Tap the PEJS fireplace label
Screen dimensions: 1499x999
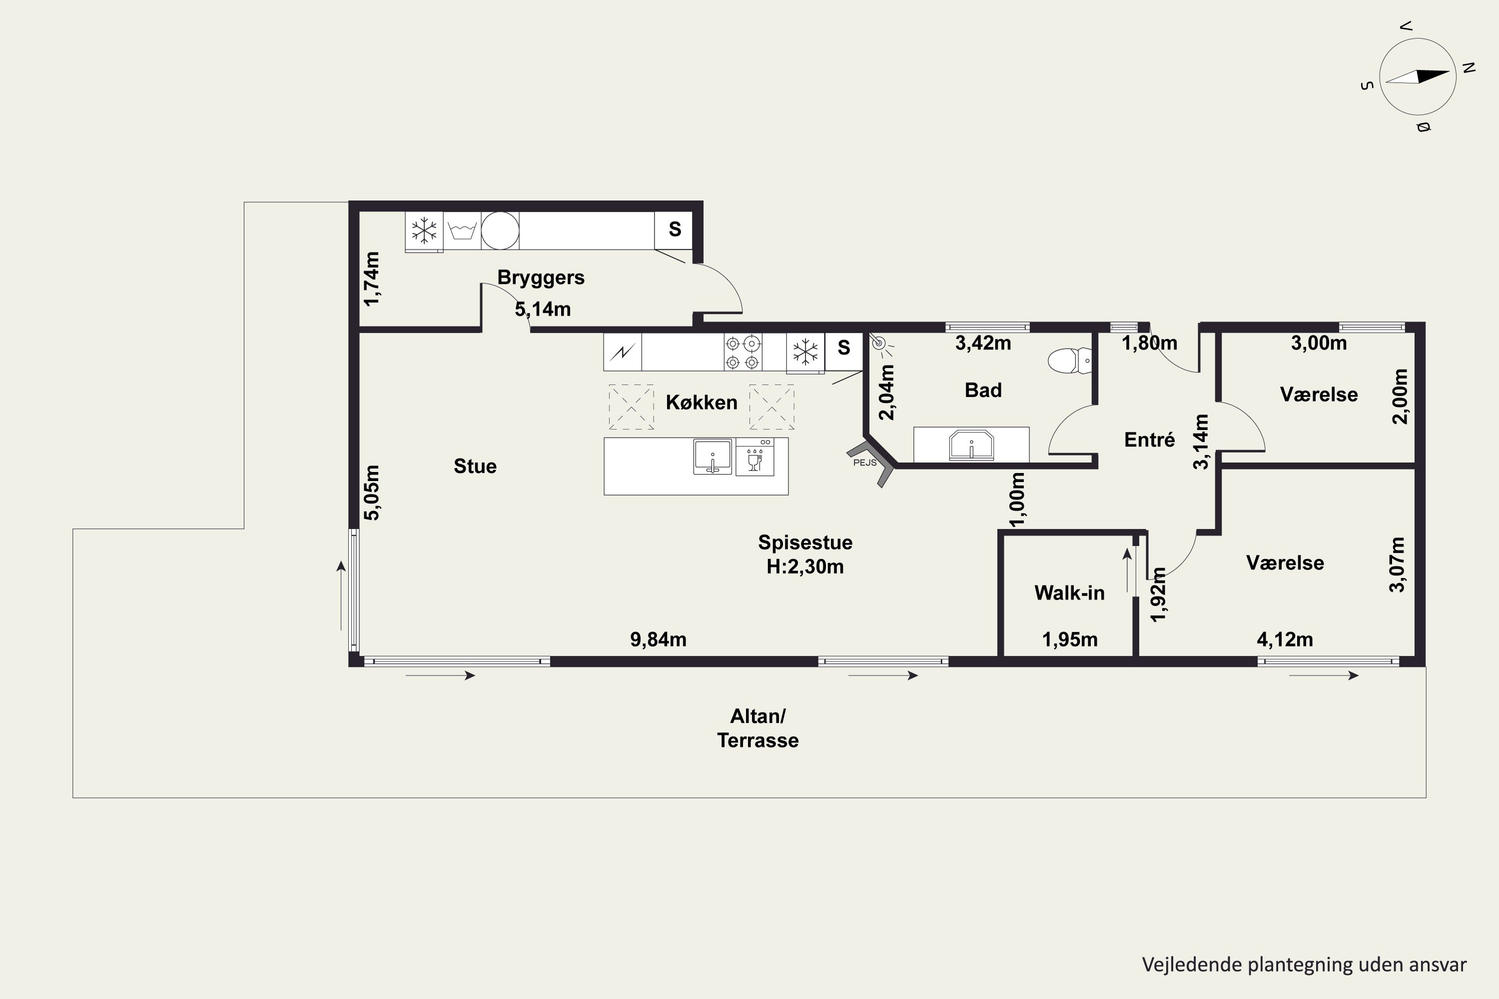[x=865, y=463]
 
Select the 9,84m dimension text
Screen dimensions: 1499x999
[x=659, y=639]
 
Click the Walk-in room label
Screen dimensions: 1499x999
[x=1069, y=592]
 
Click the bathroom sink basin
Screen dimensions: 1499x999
[x=971, y=445]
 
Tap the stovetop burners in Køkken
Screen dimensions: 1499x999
[x=743, y=352]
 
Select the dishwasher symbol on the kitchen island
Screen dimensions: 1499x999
[x=755, y=456]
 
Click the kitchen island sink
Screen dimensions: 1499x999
[x=713, y=456]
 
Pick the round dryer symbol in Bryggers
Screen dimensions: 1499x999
[x=500, y=230]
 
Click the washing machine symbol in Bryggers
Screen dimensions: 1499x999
[x=462, y=230]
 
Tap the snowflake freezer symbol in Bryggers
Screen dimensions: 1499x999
[x=424, y=230]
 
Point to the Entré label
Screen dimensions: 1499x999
[x=1149, y=440]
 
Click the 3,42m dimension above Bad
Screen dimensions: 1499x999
[x=983, y=343]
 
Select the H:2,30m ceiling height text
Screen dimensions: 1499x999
[x=805, y=566]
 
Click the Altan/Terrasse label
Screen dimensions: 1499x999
[x=758, y=728]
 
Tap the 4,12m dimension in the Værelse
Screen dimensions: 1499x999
[x=1285, y=639]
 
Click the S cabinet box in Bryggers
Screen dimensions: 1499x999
[x=674, y=230]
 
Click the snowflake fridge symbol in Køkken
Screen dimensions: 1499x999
[x=805, y=352]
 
